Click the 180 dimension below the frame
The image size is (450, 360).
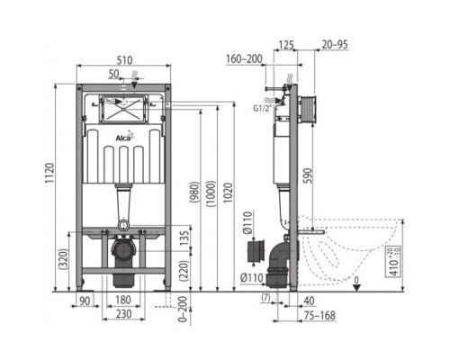point(124,300)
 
